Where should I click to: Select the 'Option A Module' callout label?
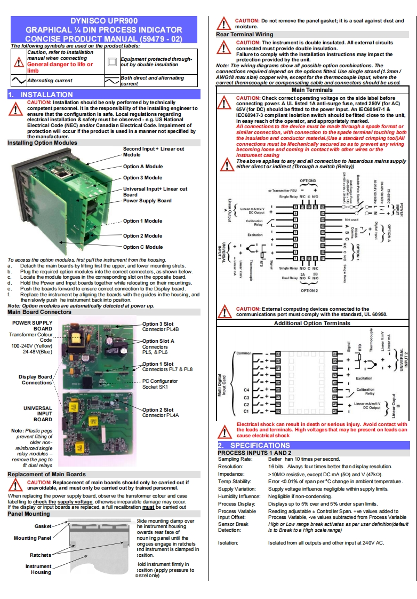click(142, 167)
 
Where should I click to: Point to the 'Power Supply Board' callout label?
click(147, 201)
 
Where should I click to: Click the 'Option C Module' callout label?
click(142, 247)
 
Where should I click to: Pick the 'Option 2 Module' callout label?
click(142, 235)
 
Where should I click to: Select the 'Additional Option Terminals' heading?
click(312, 323)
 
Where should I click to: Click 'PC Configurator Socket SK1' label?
click(159, 384)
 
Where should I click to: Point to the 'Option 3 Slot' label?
click(158, 324)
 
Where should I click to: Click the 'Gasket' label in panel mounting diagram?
click(43, 526)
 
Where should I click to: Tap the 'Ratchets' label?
click(41, 555)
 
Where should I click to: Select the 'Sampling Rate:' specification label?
click(235, 459)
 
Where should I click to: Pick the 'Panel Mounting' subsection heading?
click(28, 514)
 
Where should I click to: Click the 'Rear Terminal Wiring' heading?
click(244, 34)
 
